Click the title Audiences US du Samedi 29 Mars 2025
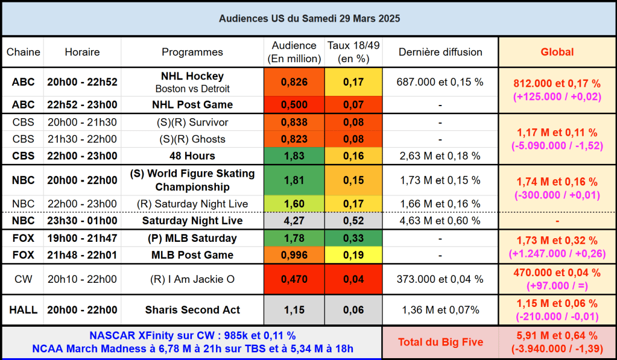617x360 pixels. click(309, 19)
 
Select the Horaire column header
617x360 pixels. click(82, 52)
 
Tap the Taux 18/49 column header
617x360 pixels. click(353, 52)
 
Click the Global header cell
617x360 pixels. click(557, 52)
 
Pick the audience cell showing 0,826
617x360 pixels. click(294, 82)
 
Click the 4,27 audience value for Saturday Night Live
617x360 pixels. click(294, 221)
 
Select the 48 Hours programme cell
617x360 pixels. click(192, 156)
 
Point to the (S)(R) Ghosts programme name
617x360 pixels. click(192, 139)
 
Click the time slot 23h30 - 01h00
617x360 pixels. click(82, 221)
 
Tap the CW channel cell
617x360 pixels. click(23, 279)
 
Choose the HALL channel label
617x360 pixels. click(23, 310)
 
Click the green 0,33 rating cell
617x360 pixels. click(353, 238)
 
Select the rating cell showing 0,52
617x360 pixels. click(353, 221)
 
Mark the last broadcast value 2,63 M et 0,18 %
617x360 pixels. click(440, 156)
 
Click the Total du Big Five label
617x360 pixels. click(440, 343)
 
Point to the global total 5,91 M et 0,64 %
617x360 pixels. click(557, 336)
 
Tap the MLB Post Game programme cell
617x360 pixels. click(192, 255)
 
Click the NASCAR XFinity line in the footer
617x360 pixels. click(192, 335)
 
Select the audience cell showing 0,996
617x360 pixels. click(294, 255)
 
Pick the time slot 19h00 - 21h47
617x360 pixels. click(82, 238)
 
